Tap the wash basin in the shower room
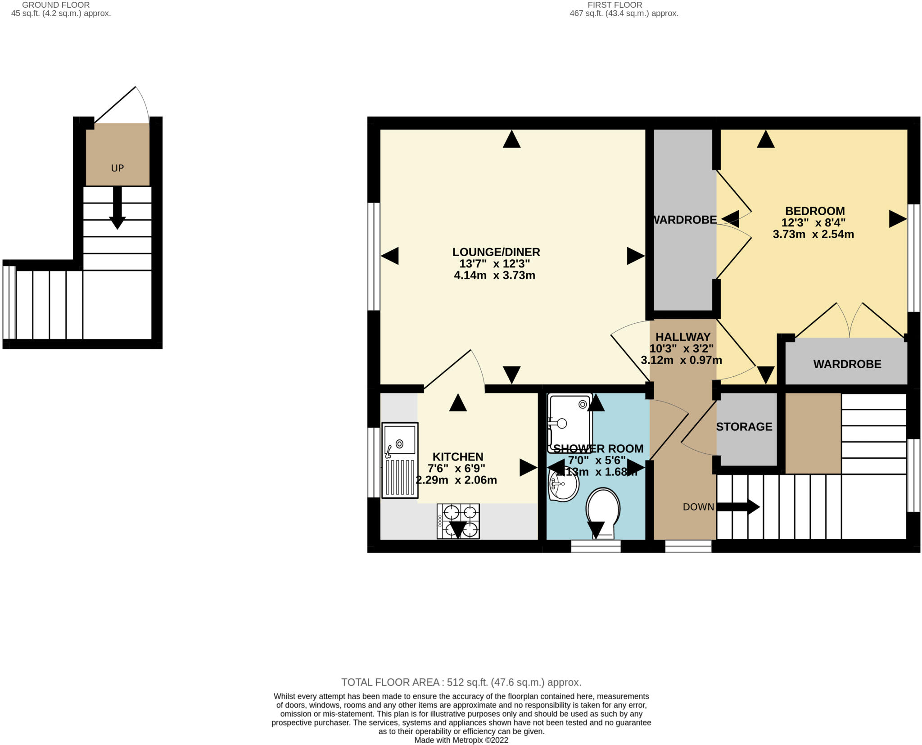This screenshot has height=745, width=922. (x=563, y=486)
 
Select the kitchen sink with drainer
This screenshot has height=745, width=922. (x=400, y=460)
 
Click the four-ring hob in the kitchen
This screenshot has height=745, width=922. (x=458, y=521)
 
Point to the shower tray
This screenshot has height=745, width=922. (x=569, y=423)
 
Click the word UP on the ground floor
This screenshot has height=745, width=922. (x=117, y=168)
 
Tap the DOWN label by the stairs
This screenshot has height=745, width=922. (x=698, y=507)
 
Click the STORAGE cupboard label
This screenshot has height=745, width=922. (x=744, y=426)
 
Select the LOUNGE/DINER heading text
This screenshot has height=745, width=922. (x=496, y=252)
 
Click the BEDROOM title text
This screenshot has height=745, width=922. (x=814, y=211)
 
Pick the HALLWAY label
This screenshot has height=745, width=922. (x=682, y=337)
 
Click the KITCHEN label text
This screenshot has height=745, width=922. (x=457, y=456)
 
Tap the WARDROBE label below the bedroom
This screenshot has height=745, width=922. (x=847, y=364)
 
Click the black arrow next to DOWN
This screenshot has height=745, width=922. (x=738, y=507)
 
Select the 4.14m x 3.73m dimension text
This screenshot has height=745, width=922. (x=494, y=275)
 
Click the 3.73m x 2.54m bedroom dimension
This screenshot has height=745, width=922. (x=813, y=234)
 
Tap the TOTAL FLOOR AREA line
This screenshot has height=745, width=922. (x=461, y=682)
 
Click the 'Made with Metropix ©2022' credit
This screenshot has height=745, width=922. (x=461, y=740)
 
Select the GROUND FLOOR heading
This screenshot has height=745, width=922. (x=56, y=5)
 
